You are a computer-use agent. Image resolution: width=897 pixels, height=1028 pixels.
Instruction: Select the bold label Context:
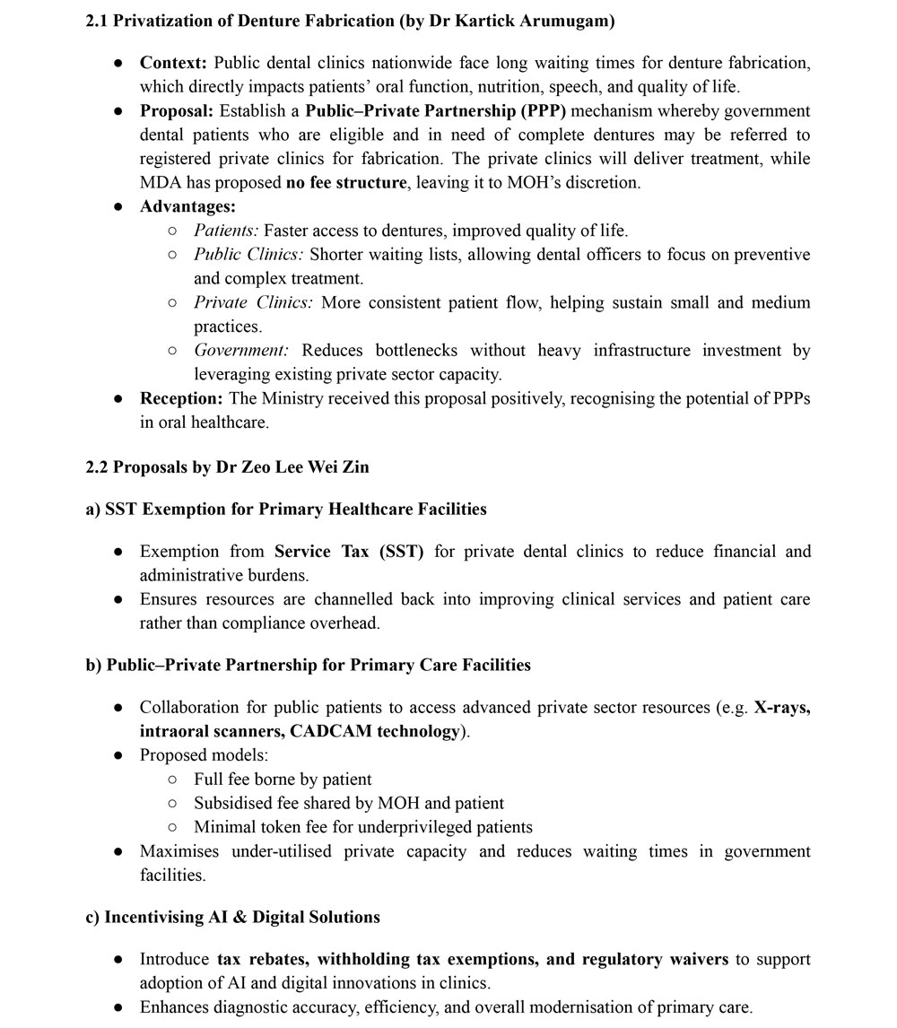pos(173,63)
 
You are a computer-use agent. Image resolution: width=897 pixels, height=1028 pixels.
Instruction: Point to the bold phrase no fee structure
pos(345,183)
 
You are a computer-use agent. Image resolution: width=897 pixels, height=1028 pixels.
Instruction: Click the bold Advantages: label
pos(187,206)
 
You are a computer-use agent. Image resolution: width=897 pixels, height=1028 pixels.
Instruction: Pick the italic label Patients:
pos(226,231)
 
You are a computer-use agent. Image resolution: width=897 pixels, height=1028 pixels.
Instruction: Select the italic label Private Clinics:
pos(253,302)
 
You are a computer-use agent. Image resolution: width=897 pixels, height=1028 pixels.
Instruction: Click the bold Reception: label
pos(182,398)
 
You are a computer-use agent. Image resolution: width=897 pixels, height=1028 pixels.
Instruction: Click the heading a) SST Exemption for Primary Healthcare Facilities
pos(286,510)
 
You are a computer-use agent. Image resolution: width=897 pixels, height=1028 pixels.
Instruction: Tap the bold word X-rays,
pos(782,707)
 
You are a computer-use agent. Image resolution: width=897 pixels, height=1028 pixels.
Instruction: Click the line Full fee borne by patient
pos(283,779)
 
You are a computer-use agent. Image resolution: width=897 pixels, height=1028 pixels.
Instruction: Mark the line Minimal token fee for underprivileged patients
pos(362,827)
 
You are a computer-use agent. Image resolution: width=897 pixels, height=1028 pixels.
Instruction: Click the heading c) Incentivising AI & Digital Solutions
pos(232,917)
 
